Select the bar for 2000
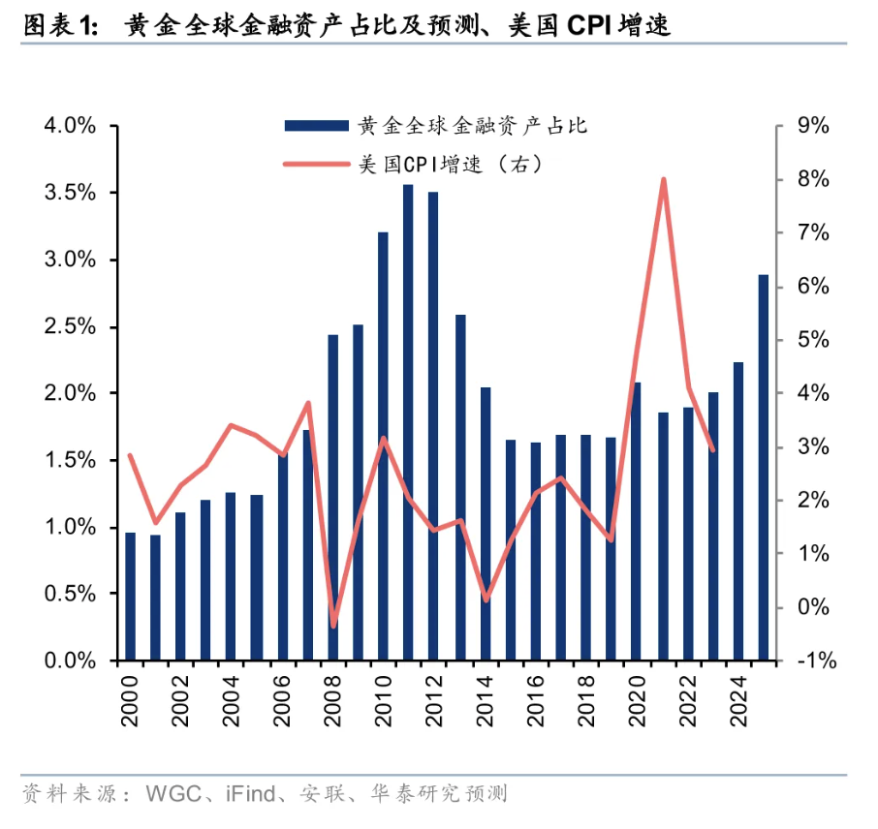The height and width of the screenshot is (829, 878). click(130, 597)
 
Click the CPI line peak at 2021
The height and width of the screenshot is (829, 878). click(663, 179)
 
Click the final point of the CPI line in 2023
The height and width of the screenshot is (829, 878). click(713, 450)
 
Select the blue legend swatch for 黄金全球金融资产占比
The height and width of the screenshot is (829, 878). click(316, 125)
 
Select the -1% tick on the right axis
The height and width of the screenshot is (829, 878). click(813, 661)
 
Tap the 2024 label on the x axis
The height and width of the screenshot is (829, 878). click(738, 697)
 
